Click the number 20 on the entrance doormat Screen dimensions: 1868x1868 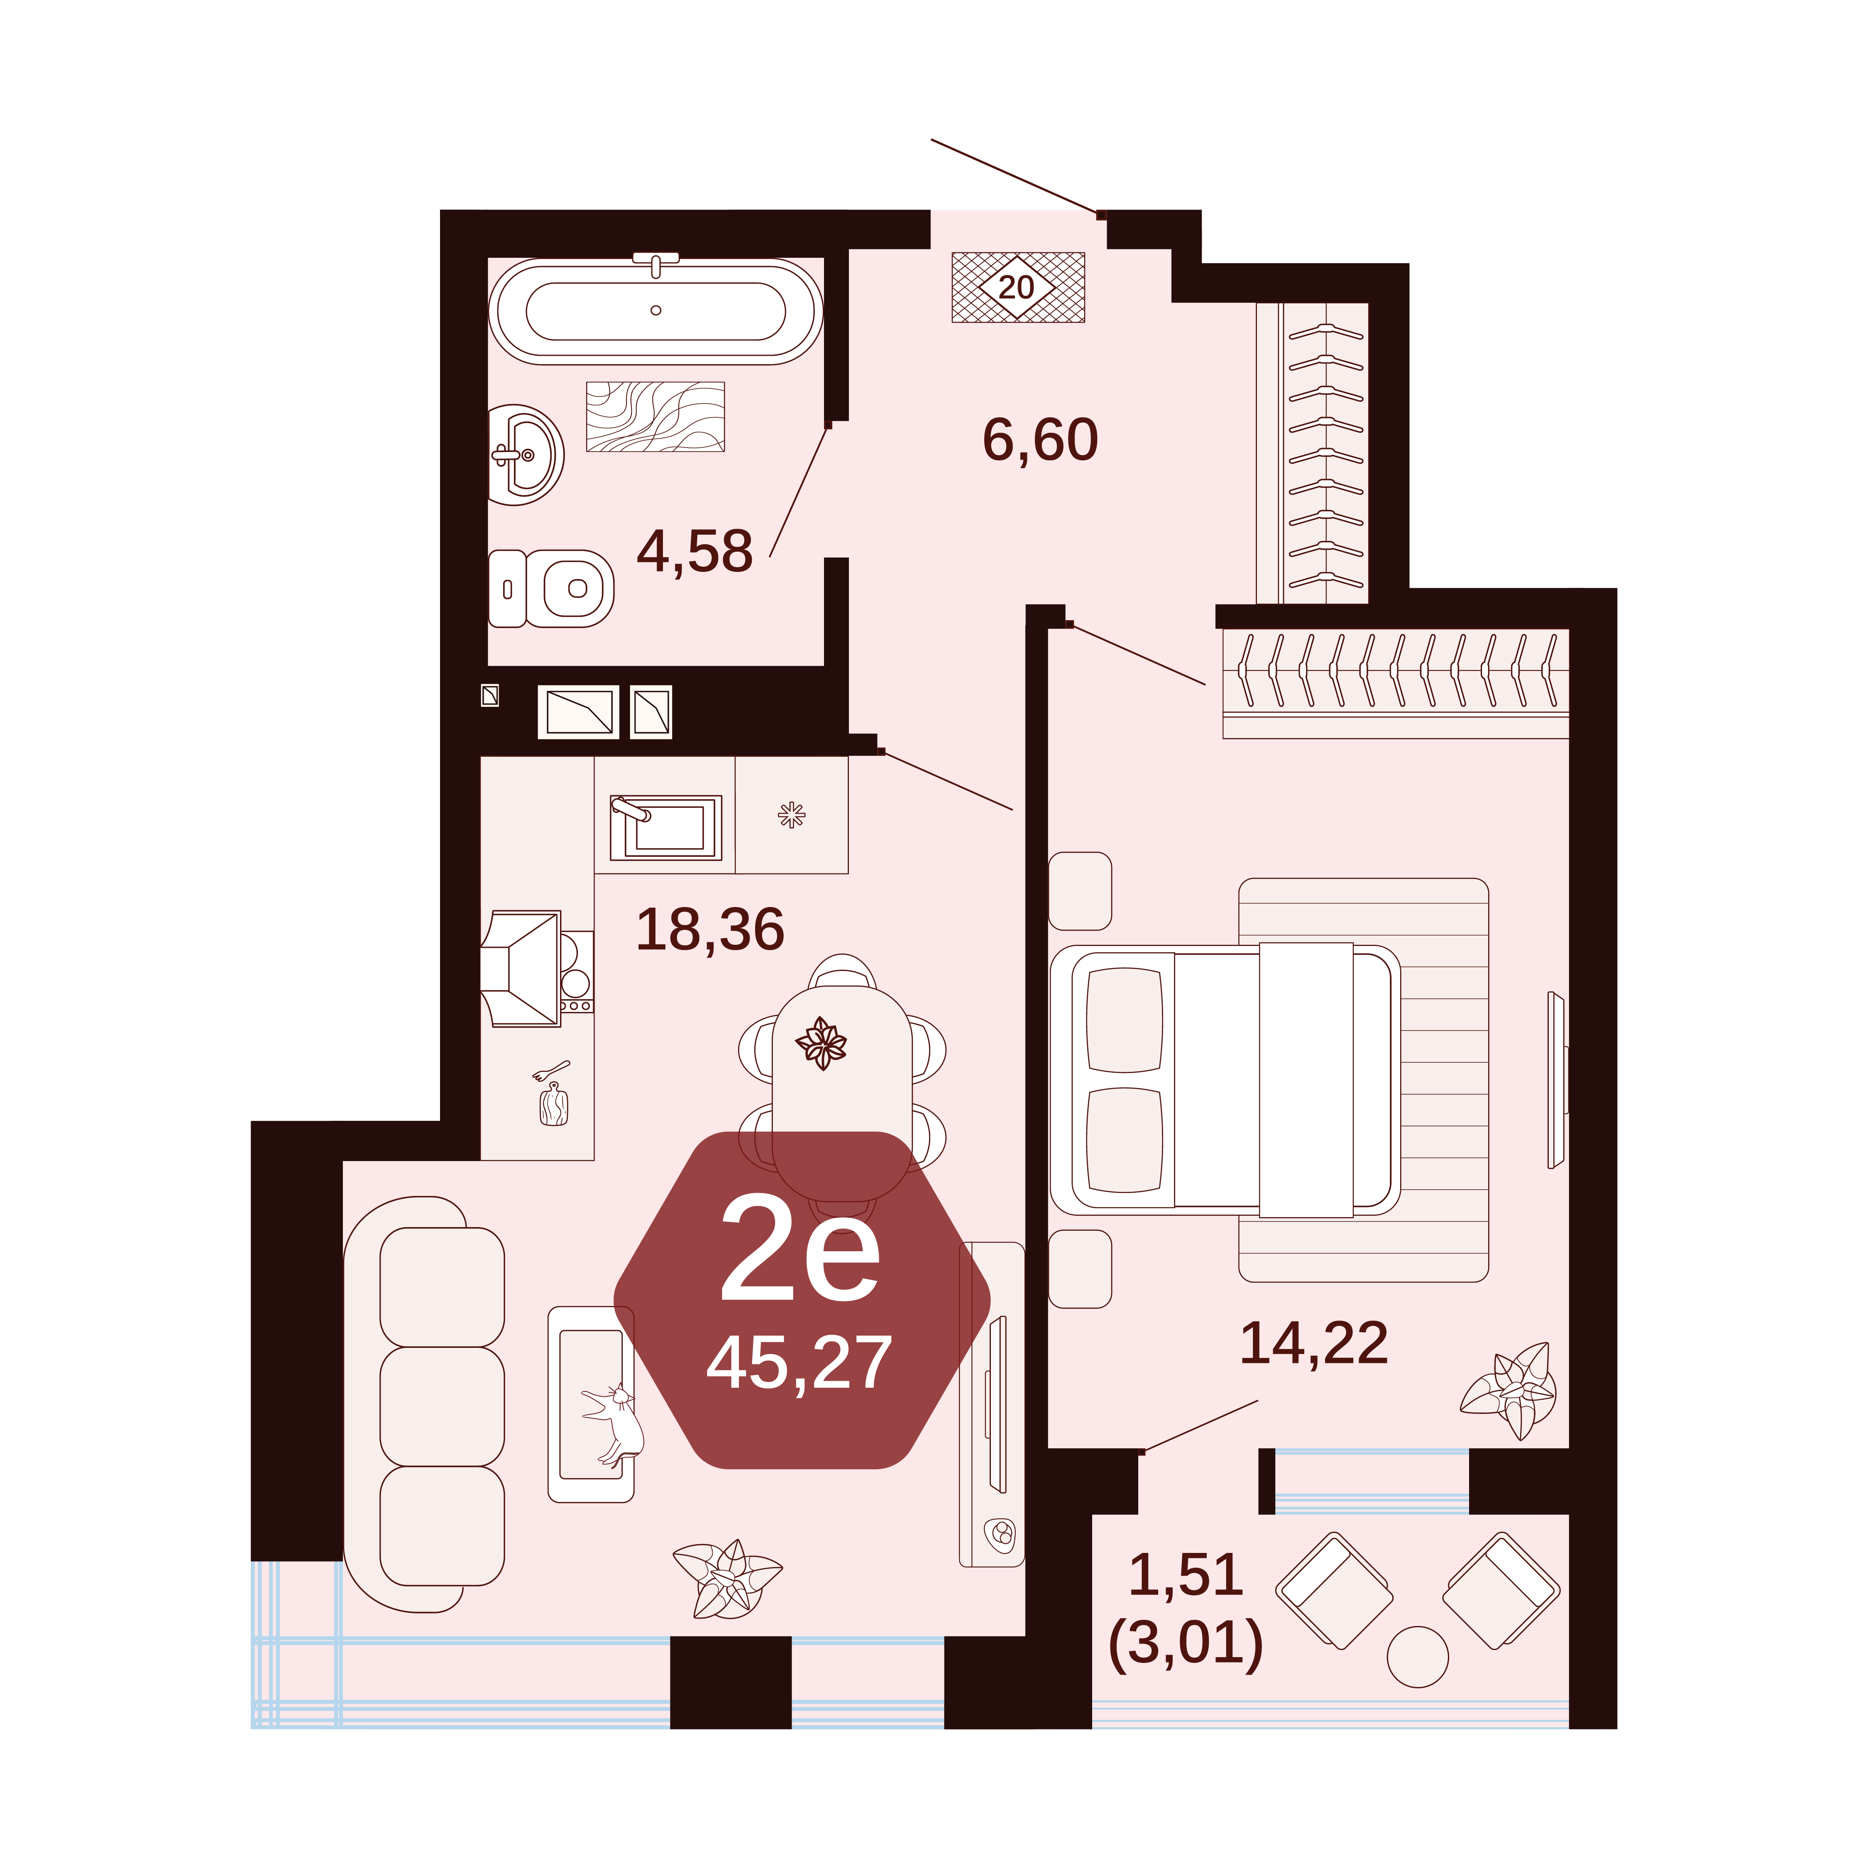(1016, 287)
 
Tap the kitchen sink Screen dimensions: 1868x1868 (665, 826)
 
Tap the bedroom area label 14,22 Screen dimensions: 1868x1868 (1314, 1343)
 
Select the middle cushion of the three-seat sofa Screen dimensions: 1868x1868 (442, 1406)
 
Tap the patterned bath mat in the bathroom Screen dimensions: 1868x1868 (655, 417)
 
